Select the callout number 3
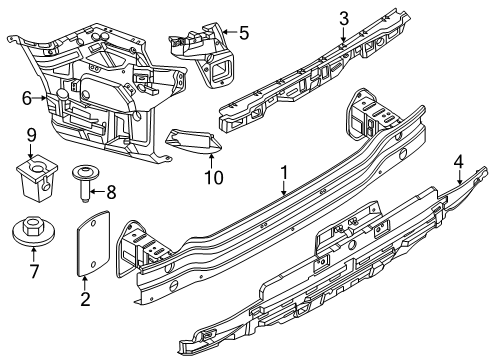(343, 17)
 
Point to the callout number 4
(458, 159)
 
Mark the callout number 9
(32, 134)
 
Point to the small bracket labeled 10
(194, 143)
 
